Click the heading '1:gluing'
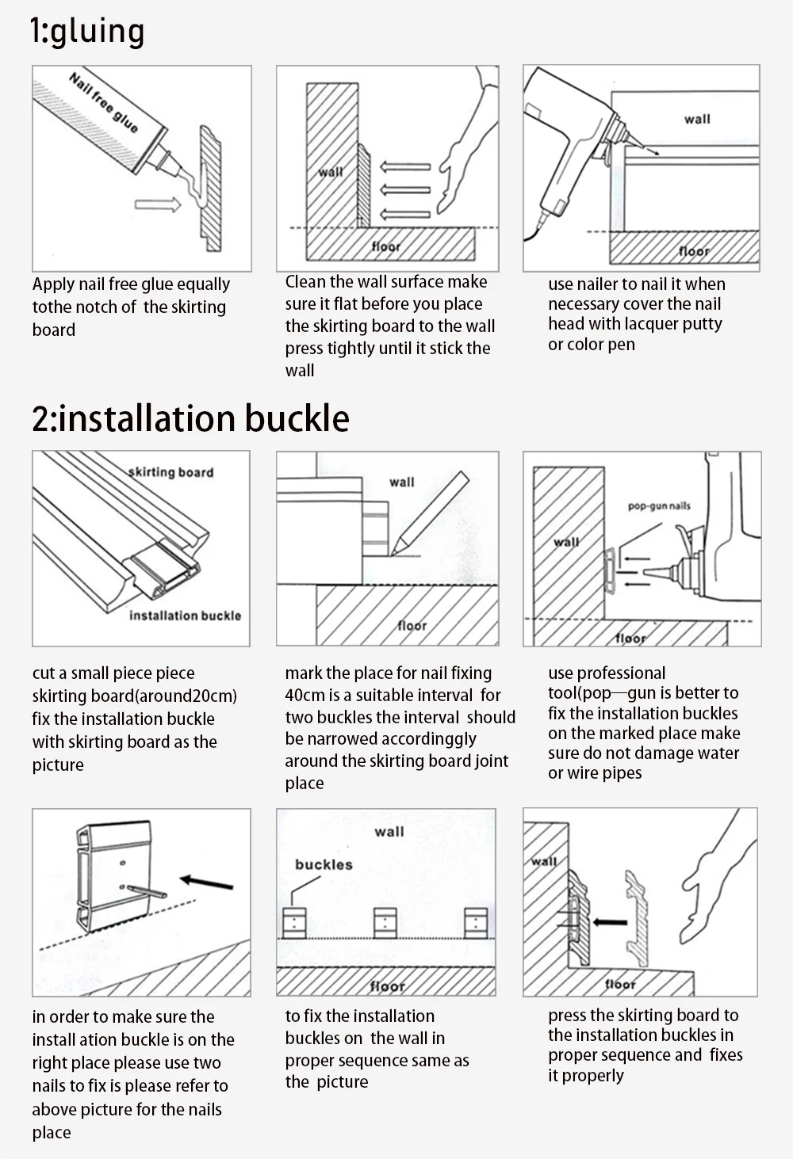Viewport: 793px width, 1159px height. (x=87, y=32)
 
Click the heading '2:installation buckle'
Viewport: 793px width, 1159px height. (x=190, y=418)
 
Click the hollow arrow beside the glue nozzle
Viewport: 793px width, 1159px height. (x=158, y=205)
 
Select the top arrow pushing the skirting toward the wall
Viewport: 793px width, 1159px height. (x=404, y=166)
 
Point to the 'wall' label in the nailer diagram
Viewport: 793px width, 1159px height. (x=697, y=120)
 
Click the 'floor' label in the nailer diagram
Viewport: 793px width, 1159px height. (x=694, y=251)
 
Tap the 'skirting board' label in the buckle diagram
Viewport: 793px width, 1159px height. (x=171, y=472)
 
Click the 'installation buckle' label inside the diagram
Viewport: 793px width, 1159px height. (x=185, y=616)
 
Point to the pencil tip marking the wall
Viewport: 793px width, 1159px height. (x=393, y=555)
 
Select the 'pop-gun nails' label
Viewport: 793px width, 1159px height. (x=659, y=506)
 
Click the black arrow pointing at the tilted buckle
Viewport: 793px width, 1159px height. (x=207, y=882)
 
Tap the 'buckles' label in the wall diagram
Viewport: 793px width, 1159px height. (x=324, y=864)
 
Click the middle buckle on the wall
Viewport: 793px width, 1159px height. (x=385, y=923)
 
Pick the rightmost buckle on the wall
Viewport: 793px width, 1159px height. (x=476, y=923)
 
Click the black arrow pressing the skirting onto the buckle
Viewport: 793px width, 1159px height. (x=610, y=922)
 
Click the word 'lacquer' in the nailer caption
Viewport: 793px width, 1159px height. (x=651, y=324)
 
